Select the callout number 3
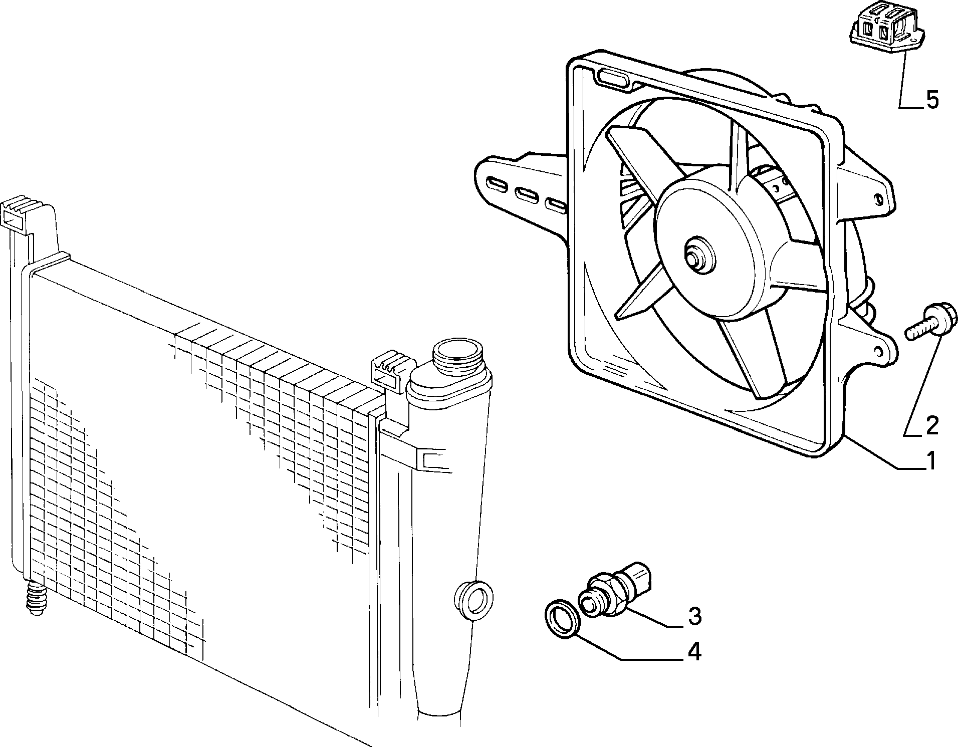coord(694,616)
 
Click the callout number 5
coord(932,100)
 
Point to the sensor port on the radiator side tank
coord(473,600)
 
